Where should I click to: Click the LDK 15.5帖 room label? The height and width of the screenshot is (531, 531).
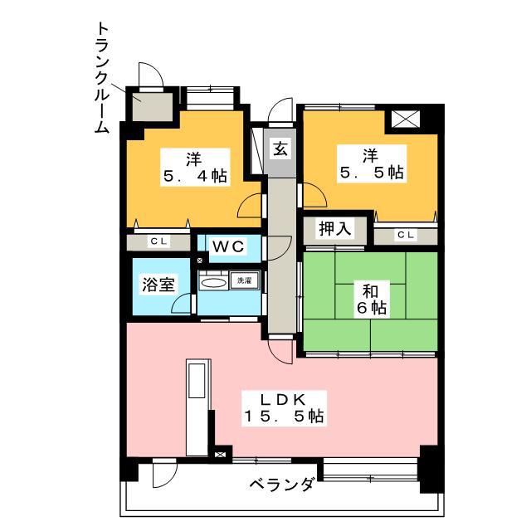pos(284,408)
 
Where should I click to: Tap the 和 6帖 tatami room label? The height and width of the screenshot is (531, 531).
pos(371,300)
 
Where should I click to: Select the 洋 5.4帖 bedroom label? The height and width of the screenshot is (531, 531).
pos(195,167)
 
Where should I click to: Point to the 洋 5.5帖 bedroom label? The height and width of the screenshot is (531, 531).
pos(372,164)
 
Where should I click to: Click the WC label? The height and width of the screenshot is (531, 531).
pos(229,246)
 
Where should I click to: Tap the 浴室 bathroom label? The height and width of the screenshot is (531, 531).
pos(158,285)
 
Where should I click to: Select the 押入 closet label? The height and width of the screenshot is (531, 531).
pos(335,229)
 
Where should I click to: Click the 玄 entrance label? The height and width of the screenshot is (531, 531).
pos(280,149)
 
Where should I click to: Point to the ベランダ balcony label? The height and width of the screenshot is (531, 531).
pos(281,485)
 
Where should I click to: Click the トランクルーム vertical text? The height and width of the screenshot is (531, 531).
pos(101,77)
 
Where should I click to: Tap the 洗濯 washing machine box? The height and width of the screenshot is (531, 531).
pos(244,280)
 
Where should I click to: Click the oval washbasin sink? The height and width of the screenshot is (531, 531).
pos(213,283)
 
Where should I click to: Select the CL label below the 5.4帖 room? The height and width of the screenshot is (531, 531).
pos(158,241)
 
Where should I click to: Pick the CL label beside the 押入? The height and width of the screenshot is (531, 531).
pos(406,234)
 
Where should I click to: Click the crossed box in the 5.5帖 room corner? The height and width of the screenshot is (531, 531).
pos(406,119)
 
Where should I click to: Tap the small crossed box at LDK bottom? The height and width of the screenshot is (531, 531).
pos(220,455)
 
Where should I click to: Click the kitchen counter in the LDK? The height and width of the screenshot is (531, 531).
pos(198,407)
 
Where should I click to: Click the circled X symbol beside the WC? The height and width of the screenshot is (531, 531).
pos(200,261)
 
